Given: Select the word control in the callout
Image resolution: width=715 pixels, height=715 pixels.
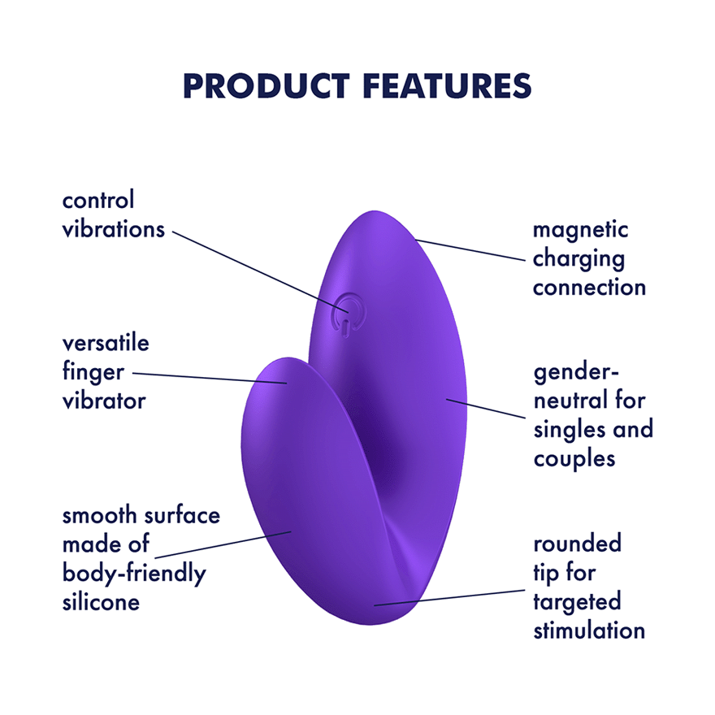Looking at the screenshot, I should pyautogui.click(x=98, y=200).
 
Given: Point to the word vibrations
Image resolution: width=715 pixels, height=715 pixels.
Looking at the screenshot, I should pyautogui.click(x=114, y=229).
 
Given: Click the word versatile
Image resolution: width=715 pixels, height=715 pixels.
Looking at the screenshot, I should pyautogui.click(x=106, y=343).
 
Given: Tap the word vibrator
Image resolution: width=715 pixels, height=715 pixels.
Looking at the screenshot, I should pyautogui.click(x=104, y=401).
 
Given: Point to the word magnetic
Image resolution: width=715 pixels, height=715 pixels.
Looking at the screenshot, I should pyautogui.click(x=580, y=230).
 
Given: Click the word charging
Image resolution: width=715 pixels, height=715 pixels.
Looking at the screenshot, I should pyautogui.click(x=578, y=259).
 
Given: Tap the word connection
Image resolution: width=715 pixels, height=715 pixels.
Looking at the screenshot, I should pyautogui.click(x=589, y=288).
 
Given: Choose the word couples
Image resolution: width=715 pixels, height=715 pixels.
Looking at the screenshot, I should pyautogui.click(x=574, y=458).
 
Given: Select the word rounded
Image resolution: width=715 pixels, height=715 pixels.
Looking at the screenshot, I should pyautogui.click(x=577, y=544).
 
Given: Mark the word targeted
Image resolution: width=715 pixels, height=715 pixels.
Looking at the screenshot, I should pyautogui.click(x=577, y=602).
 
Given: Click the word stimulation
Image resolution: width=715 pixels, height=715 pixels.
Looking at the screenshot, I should pyautogui.click(x=589, y=630).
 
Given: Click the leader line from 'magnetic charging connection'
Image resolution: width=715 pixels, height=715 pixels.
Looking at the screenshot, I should pyautogui.click(x=471, y=251).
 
